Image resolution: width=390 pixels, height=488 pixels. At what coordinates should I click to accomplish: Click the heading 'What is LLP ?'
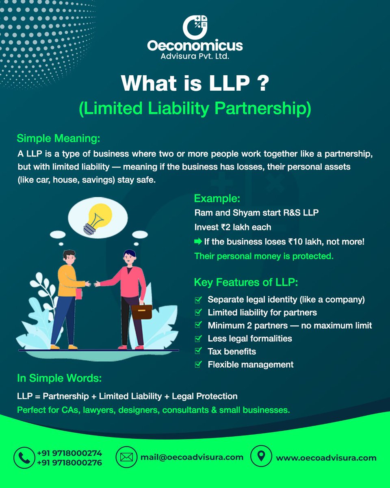pos(195,83)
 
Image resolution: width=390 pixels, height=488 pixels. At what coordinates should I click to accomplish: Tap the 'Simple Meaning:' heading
pos(58,138)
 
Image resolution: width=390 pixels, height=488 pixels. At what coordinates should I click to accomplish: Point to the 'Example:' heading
pos(217,198)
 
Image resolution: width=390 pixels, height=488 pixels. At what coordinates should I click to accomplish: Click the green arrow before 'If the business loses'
pos(198,242)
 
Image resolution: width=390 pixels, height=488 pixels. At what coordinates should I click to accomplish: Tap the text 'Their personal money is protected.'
pos(264,256)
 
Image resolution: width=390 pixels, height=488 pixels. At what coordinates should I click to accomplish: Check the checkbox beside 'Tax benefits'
pos(198,351)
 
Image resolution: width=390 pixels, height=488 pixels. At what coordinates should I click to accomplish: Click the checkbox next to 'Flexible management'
pos(198,364)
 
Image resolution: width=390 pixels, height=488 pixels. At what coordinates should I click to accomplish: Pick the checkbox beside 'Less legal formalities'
pos(198,338)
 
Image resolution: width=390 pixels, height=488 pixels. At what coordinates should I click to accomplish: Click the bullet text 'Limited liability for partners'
pos(262,312)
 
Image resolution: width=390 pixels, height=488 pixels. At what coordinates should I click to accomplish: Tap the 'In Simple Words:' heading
pos(59,378)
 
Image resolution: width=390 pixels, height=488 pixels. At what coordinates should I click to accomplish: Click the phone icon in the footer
pos(24,457)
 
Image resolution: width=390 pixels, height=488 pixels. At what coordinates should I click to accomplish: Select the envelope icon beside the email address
pos(126,457)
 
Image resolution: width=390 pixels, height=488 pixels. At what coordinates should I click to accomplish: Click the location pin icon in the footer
pos(260,457)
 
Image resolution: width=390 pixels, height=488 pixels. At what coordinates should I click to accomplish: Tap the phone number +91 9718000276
pos(69,463)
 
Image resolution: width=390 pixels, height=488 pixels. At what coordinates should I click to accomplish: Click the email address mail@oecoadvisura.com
pos(192,457)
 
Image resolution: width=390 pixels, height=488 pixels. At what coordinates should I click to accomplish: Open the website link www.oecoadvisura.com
pos(326,458)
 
